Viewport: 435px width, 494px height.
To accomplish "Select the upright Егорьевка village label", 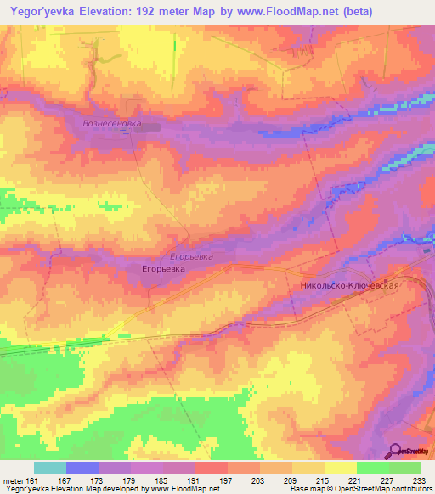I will [161, 267].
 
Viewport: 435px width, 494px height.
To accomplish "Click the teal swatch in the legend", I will [50, 468].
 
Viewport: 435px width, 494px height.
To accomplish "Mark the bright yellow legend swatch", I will [340, 468].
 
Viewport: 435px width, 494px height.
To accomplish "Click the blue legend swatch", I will [82, 468].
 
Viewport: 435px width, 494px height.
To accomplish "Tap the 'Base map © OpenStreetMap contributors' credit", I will [360, 489].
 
